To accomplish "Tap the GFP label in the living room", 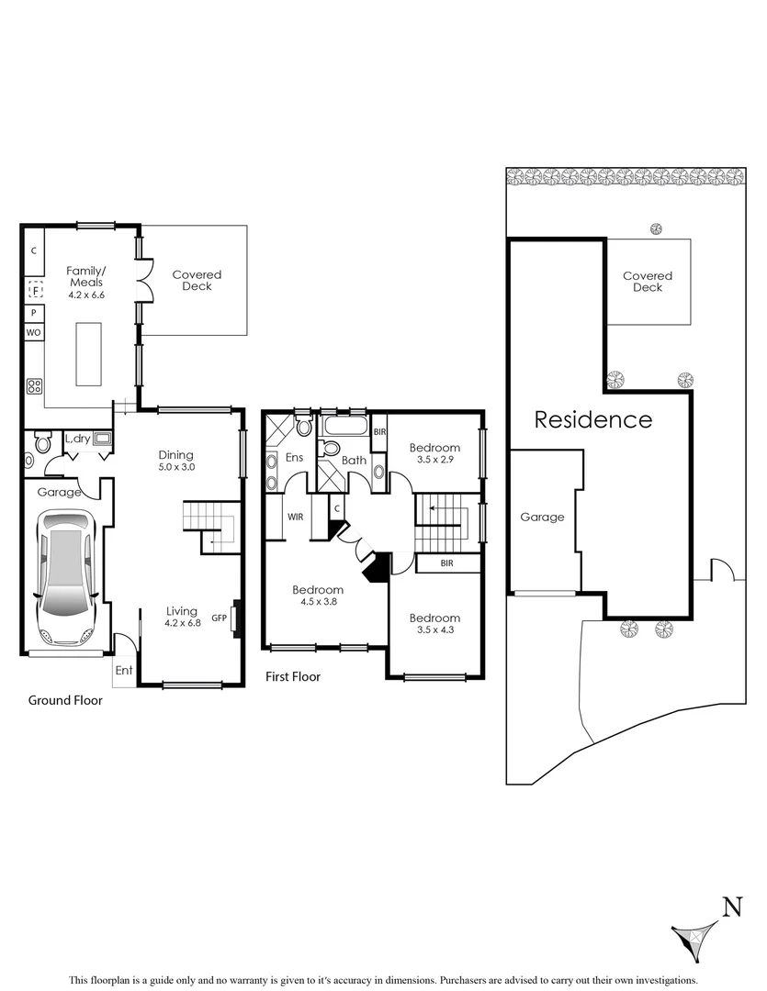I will (219, 618).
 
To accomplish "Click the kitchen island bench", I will (88, 353).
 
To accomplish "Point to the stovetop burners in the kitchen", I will (35, 386).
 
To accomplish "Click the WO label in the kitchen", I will (32, 332).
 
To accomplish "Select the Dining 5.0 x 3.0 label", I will (176, 461).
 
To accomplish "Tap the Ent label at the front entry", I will (123, 671).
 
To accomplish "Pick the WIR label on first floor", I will (296, 517).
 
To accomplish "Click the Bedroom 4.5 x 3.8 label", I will (318, 596).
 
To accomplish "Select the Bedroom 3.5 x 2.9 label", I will (434, 453).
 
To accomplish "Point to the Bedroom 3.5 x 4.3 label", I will (434, 624).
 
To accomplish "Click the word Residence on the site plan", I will (593, 420).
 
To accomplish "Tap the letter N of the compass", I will (731, 907).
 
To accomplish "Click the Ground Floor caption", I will (65, 700).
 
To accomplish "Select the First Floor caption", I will (293, 677).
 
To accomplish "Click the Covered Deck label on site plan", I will (648, 282).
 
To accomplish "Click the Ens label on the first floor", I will (296, 457).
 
